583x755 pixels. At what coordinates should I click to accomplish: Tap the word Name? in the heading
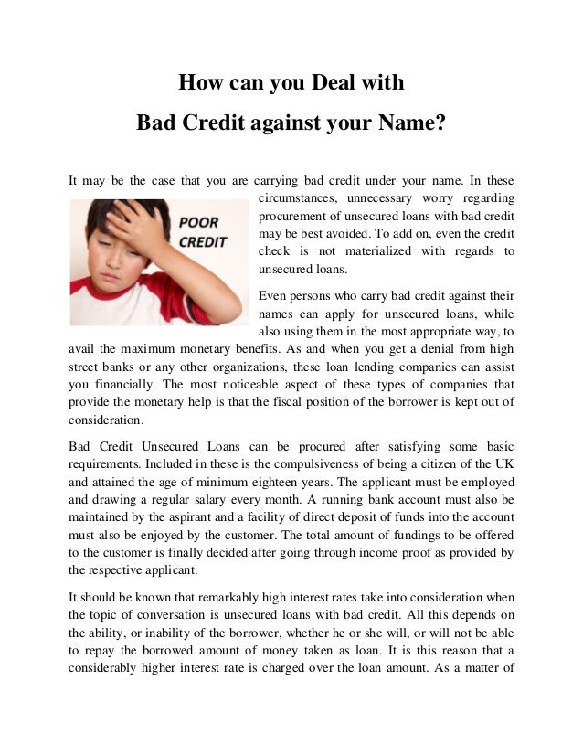pos(405,121)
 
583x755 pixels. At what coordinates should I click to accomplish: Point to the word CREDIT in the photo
pos(203,242)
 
